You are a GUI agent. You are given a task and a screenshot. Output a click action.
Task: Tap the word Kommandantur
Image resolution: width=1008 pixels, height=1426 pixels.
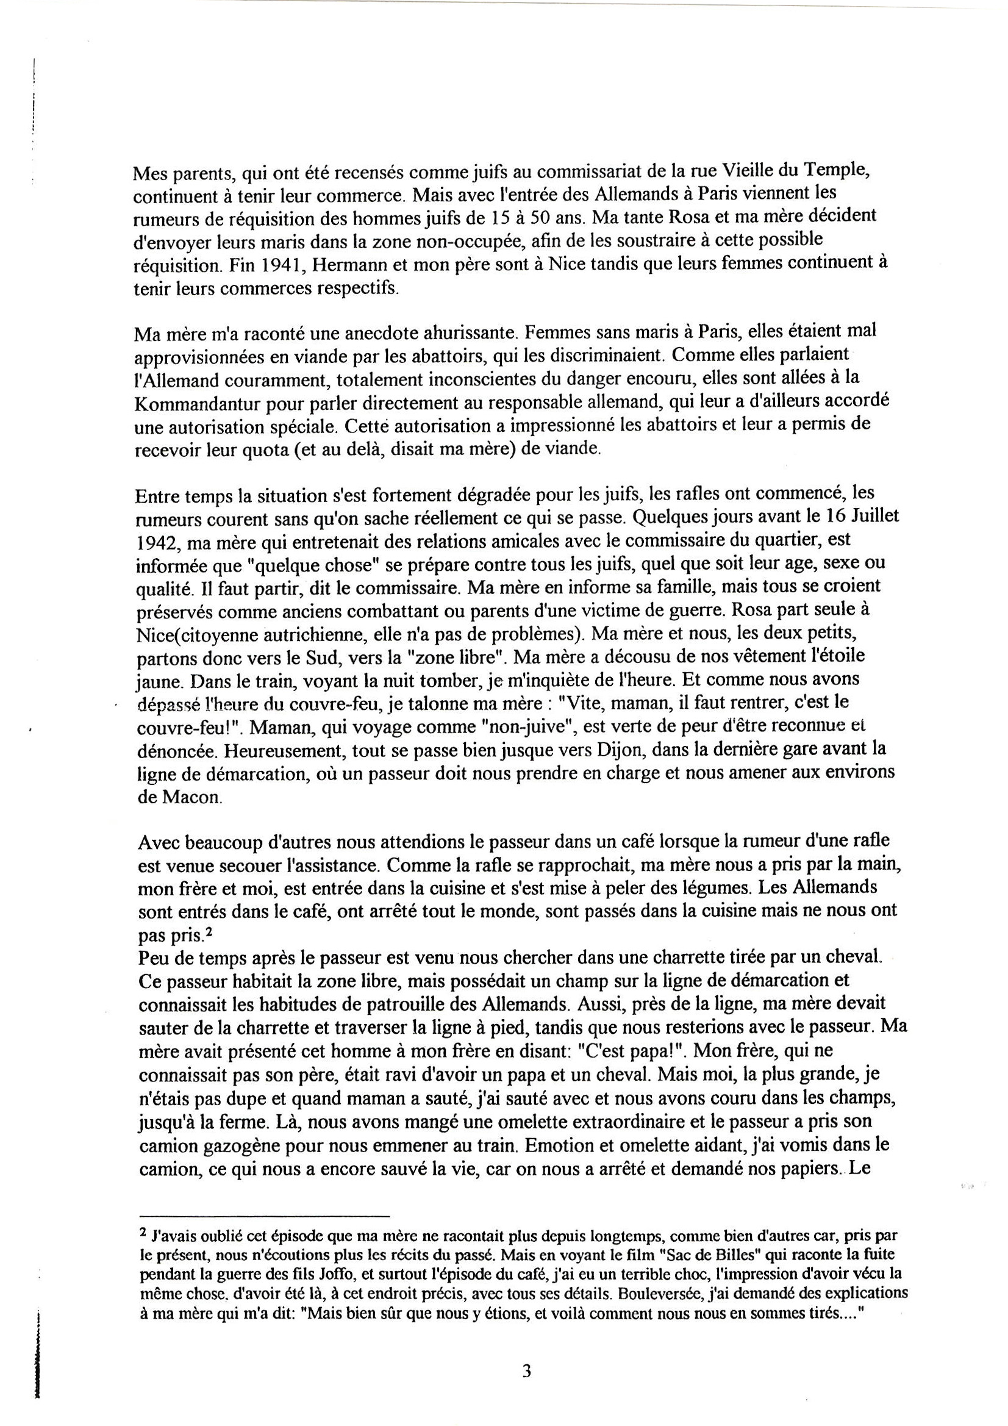[191, 403]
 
